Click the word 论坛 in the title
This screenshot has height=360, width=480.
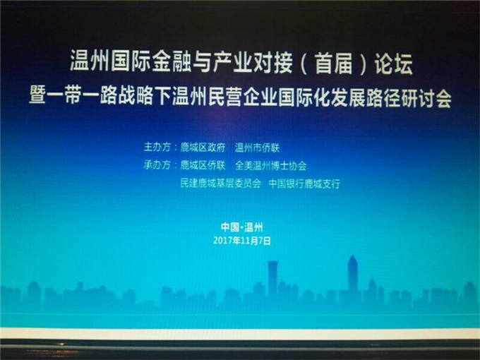coord(393,64)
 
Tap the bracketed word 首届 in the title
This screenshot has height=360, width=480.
coord(334,64)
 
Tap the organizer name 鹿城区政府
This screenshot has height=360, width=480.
coord(203,148)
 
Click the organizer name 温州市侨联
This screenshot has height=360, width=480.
coord(257,148)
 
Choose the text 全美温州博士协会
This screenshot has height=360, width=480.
coord(270,166)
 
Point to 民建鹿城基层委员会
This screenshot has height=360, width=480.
coord(220,184)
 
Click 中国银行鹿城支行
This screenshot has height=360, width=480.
coord(304,184)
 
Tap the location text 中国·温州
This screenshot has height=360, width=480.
coord(242,227)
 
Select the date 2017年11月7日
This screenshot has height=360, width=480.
coord(242,241)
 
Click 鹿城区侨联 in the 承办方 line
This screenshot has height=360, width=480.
coord(203,166)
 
